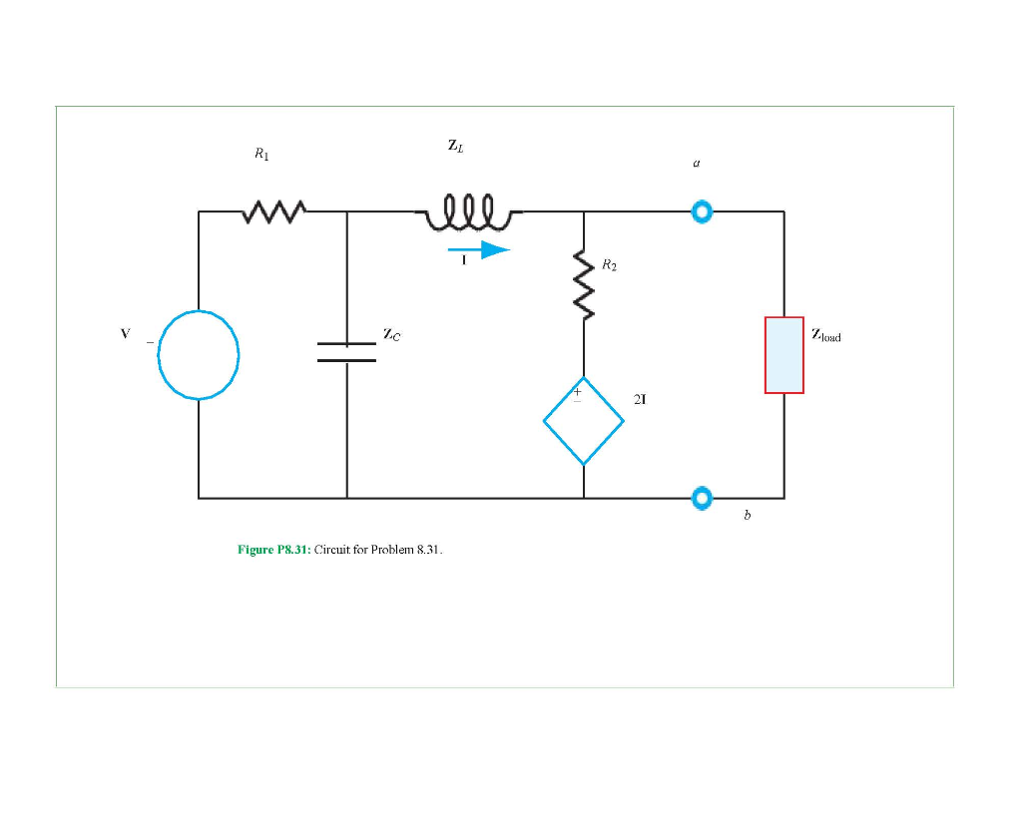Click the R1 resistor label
(261, 155)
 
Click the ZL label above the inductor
(455, 146)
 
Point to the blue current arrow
(479, 249)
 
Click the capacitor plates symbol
(346, 351)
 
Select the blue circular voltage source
(199, 354)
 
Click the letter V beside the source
(125, 334)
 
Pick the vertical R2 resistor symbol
(584, 284)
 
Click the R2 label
(609, 266)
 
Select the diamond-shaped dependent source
(584, 421)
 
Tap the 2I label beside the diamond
(640, 399)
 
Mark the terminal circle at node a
(703, 211)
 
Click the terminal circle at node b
(703, 497)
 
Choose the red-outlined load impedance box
(784, 355)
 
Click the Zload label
(826, 336)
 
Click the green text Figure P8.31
(274, 550)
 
